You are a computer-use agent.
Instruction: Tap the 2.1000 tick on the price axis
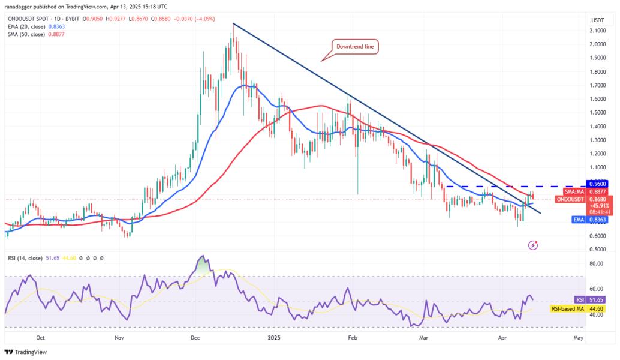(597, 30)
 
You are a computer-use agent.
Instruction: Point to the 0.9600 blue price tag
(597, 184)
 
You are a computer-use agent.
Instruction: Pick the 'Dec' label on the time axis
(196, 338)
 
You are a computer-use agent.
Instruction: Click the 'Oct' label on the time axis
(41, 338)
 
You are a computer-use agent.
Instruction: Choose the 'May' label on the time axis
(578, 338)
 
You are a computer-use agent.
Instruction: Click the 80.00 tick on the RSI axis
(597, 263)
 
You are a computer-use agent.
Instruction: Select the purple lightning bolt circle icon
(533, 245)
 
